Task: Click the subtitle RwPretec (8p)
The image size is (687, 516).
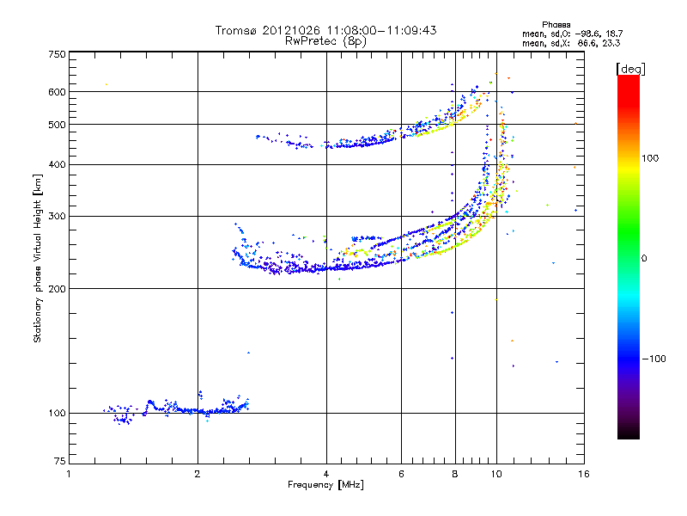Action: [x=325, y=41]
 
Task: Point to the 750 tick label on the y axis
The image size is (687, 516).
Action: [x=57, y=54]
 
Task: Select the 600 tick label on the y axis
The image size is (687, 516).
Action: [x=57, y=92]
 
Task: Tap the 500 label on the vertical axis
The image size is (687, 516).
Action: [x=57, y=125]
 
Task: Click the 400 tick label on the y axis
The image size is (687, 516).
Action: [x=57, y=164]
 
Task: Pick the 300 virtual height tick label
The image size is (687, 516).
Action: [x=57, y=216]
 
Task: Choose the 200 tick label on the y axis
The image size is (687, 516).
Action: [x=57, y=289]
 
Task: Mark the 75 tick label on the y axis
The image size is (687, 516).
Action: [x=60, y=461]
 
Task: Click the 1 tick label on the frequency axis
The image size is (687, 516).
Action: [x=69, y=474]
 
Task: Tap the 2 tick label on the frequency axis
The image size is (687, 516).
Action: [x=198, y=474]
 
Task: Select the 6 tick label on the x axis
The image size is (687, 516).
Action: [x=401, y=474]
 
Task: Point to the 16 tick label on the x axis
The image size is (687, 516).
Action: [x=584, y=474]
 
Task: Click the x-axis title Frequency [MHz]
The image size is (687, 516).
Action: [x=325, y=485]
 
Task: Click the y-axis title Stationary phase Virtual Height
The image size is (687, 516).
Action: [x=37, y=258]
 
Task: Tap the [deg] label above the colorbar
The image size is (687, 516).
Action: [x=630, y=69]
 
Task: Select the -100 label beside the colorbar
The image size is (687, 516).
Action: [x=654, y=359]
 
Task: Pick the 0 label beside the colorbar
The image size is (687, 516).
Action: [x=644, y=259]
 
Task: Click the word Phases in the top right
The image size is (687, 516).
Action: [x=556, y=25]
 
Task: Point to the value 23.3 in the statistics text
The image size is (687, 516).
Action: [x=611, y=43]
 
